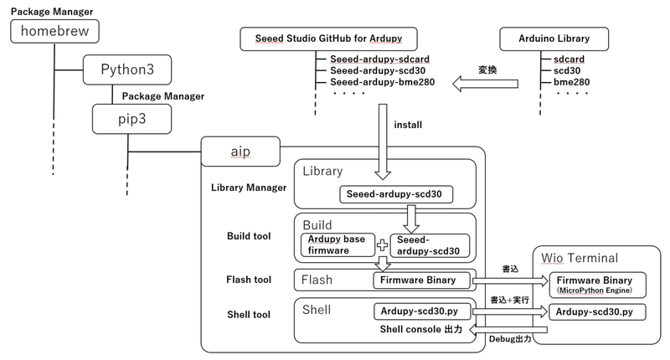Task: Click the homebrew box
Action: [54, 32]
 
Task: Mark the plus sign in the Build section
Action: [382, 245]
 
